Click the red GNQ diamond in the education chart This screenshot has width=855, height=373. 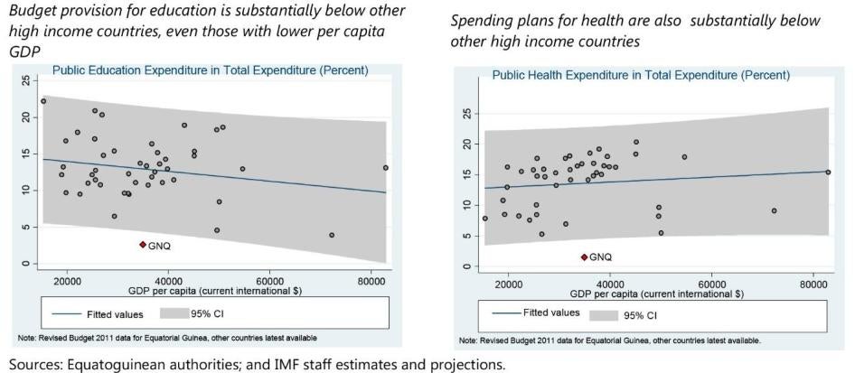142,245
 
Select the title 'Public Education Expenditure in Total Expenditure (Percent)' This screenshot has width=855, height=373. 210,70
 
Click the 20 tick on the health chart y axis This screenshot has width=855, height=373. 467,144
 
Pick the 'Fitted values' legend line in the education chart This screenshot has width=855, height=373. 73,315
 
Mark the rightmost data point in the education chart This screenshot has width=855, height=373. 385,167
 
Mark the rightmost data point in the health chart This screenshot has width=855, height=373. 827,172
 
